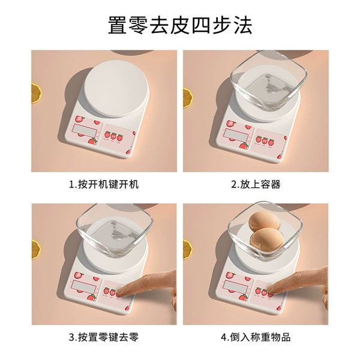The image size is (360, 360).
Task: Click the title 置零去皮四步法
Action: click(180, 25)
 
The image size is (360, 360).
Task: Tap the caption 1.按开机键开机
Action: click(104, 184)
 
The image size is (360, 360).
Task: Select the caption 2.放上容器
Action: click(256, 184)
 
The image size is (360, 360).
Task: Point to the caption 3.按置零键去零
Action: click(104, 337)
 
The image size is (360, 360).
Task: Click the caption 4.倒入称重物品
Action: click(256, 337)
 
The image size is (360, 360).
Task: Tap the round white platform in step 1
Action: click(116, 89)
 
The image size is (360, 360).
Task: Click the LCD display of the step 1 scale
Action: click(85, 131)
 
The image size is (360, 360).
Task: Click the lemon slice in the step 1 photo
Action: click(36, 93)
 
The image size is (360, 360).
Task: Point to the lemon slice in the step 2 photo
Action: click(187, 98)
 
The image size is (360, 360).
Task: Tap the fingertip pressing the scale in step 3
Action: click(124, 291)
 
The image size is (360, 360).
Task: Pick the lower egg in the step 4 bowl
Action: click(266, 240)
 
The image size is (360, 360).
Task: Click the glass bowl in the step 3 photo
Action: click(115, 232)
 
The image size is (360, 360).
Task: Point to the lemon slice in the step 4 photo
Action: click(187, 250)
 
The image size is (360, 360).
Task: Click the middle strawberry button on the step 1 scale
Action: click(113, 136)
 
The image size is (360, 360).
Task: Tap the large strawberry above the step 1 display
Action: click(80, 119)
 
